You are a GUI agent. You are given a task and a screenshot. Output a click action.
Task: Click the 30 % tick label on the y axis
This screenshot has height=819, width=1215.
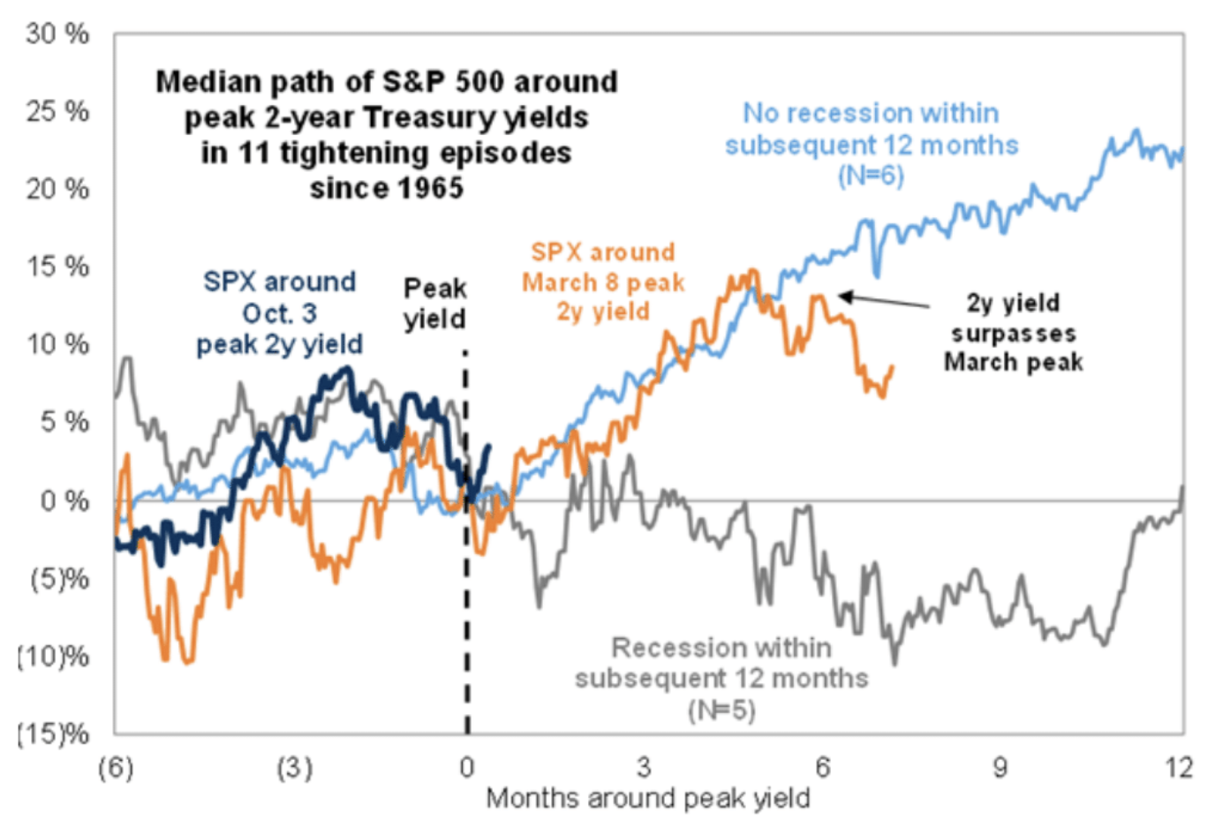point(57,34)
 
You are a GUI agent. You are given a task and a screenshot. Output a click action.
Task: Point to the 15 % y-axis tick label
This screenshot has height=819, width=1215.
point(57,267)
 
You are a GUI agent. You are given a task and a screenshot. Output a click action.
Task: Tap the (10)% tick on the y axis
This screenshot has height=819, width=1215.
point(54,656)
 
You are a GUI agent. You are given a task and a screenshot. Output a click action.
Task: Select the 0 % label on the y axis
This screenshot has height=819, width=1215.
point(64,500)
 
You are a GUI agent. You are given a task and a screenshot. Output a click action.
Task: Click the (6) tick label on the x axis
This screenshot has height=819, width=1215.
point(116,768)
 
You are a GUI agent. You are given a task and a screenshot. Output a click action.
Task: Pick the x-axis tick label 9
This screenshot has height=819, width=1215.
point(1000,768)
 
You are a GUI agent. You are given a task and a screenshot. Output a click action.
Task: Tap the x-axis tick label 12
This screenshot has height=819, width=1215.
point(1178,768)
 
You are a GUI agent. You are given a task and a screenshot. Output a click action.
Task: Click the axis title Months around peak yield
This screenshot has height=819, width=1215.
point(648,799)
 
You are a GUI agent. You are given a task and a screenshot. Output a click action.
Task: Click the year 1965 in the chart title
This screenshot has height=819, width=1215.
point(429,188)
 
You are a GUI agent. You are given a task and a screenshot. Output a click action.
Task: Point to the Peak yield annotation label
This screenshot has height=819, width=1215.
point(434,304)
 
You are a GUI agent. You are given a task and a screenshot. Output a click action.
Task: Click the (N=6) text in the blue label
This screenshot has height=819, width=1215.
point(871,176)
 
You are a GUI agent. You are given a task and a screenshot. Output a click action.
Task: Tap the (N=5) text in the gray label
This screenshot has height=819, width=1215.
point(721,710)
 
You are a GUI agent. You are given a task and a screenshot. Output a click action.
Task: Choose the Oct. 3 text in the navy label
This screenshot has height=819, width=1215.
point(279,313)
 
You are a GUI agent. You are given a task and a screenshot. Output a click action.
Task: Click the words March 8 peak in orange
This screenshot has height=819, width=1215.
point(603,282)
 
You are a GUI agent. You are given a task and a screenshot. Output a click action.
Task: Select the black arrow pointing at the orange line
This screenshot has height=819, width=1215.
point(883,301)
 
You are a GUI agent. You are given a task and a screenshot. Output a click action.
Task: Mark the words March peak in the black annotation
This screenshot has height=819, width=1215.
point(1013,362)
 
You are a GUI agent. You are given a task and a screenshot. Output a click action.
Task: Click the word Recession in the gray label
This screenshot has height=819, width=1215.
point(668,648)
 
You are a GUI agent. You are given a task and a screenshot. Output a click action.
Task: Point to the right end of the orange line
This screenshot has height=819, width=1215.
point(892,367)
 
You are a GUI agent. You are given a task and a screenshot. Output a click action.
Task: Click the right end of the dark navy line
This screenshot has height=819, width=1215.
point(489,446)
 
